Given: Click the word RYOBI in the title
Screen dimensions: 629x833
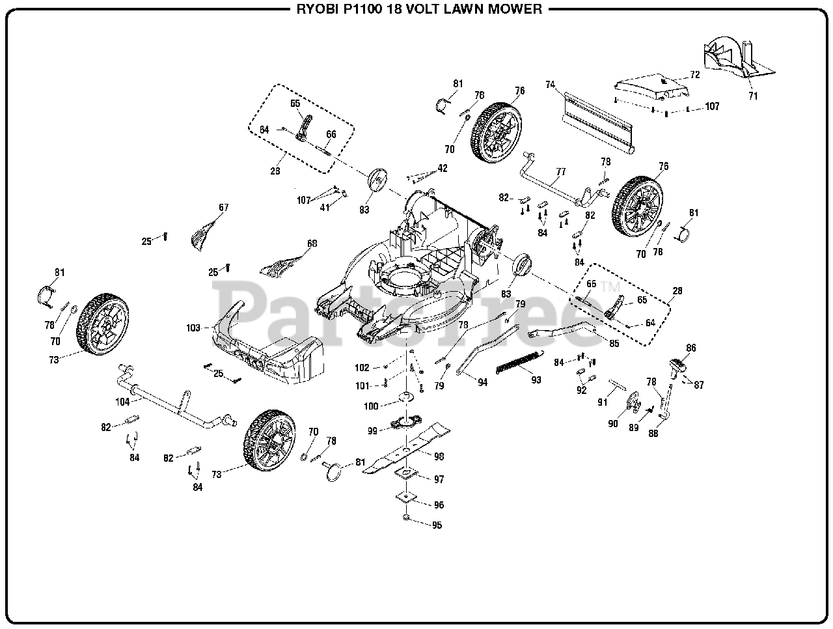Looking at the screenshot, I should point(316,9).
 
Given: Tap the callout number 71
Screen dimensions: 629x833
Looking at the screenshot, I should point(753,96).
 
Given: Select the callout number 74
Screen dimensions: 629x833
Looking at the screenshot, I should point(551,85).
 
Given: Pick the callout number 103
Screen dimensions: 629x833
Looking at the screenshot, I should point(193,328).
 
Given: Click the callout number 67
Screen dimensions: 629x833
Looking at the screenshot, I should point(223,208).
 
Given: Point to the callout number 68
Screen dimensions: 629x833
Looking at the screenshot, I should point(312,244).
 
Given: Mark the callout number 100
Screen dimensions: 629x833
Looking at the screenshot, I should point(371,406).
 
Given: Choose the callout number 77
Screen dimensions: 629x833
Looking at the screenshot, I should point(560,172).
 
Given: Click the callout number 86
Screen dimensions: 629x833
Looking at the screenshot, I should point(690,348).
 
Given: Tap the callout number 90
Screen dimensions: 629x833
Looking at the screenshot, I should point(612,423).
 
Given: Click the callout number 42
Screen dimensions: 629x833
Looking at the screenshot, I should point(443,168).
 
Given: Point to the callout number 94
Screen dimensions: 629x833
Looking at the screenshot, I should point(482,383).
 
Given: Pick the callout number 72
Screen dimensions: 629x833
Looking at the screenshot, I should point(694,75).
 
